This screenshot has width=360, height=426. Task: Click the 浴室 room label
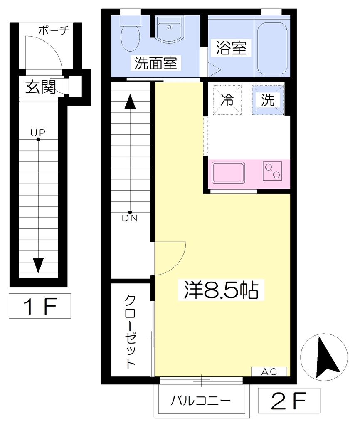coord(231,48)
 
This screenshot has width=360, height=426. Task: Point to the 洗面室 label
coord(156,63)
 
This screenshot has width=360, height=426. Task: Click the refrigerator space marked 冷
coord(227,100)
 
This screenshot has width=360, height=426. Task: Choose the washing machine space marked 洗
coord(268,100)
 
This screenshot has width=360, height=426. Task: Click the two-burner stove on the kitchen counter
coord(272,171)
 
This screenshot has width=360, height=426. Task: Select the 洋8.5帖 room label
coord(221,290)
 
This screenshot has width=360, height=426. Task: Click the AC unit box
coord(269,372)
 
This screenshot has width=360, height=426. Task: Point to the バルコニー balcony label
coord(201,401)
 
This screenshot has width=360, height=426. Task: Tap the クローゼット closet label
coord(130,332)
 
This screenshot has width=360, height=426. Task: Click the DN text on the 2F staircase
coord(130,218)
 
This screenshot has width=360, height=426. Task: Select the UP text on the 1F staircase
coord(38,133)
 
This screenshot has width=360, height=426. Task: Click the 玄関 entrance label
coord(40,87)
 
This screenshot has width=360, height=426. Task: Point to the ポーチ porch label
coord(54,30)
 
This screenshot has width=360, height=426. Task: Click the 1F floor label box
coord(40,306)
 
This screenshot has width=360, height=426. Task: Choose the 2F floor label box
coord(289,401)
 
